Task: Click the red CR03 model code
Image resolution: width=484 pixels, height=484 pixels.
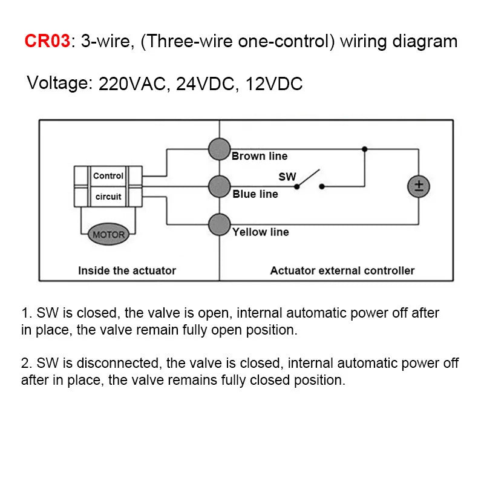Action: (47, 41)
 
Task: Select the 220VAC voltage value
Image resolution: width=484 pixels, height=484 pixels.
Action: (131, 84)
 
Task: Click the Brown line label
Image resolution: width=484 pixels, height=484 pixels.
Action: (260, 156)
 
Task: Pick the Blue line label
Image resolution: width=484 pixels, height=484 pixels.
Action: (255, 194)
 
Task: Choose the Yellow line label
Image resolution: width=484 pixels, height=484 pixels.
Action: (261, 232)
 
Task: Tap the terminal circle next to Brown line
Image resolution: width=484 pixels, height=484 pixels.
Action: (219, 149)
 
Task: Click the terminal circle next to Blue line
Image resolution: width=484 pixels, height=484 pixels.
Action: (219, 187)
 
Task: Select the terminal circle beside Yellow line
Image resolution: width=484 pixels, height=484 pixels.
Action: (219, 225)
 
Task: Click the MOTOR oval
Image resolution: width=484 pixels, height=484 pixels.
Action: (108, 234)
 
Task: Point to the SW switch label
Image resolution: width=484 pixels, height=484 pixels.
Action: (287, 177)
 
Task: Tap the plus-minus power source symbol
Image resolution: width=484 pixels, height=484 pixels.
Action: (417, 186)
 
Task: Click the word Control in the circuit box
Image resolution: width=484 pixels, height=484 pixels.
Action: (108, 176)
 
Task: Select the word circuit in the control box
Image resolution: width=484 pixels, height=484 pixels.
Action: (108, 197)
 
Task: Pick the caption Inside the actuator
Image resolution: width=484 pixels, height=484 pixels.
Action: (126, 270)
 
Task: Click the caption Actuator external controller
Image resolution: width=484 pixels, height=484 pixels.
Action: (342, 270)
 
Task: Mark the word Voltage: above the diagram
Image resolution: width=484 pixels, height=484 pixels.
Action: (59, 83)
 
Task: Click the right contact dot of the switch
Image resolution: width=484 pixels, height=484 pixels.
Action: (322, 186)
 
